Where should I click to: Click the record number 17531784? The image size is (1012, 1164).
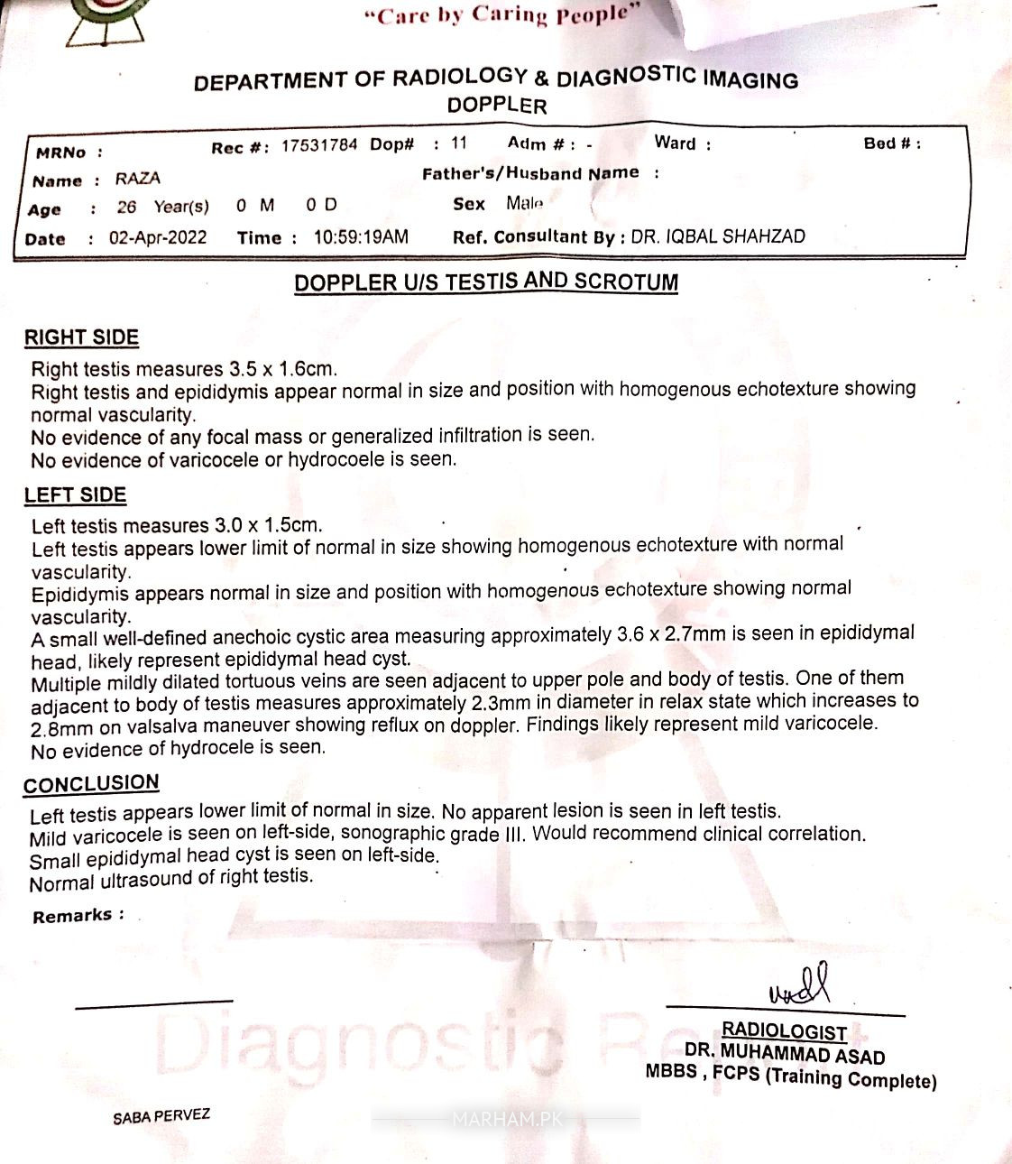pyautogui.click(x=318, y=145)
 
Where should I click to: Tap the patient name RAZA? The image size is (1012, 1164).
pyautogui.click(x=137, y=179)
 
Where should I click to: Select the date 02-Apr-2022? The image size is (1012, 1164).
pyautogui.click(x=158, y=238)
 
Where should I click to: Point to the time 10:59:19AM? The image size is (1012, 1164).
pyautogui.click(x=361, y=237)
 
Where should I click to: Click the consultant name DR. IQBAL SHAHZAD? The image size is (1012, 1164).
pyautogui.click(x=718, y=237)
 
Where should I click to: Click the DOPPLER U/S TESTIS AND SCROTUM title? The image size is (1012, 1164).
pyautogui.click(x=485, y=282)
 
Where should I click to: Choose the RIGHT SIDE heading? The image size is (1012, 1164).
pyautogui.click(x=81, y=337)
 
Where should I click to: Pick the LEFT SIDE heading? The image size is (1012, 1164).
pyautogui.click(x=75, y=494)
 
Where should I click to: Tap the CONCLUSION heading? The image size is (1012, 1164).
pyautogui.click(x=91, y=783)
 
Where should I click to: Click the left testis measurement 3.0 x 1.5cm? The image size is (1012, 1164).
pyautogui.click(x=268, y=525)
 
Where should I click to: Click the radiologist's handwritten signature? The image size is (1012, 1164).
pyautogui.click(x=799, y=986)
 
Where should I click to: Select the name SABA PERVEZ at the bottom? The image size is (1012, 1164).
pyautogui.click(x=161, y=1116)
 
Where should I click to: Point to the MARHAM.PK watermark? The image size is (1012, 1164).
pyautogui.click(x=506, y=1120)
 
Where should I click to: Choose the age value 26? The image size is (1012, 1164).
pyautogui.click(x=126, y=208)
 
